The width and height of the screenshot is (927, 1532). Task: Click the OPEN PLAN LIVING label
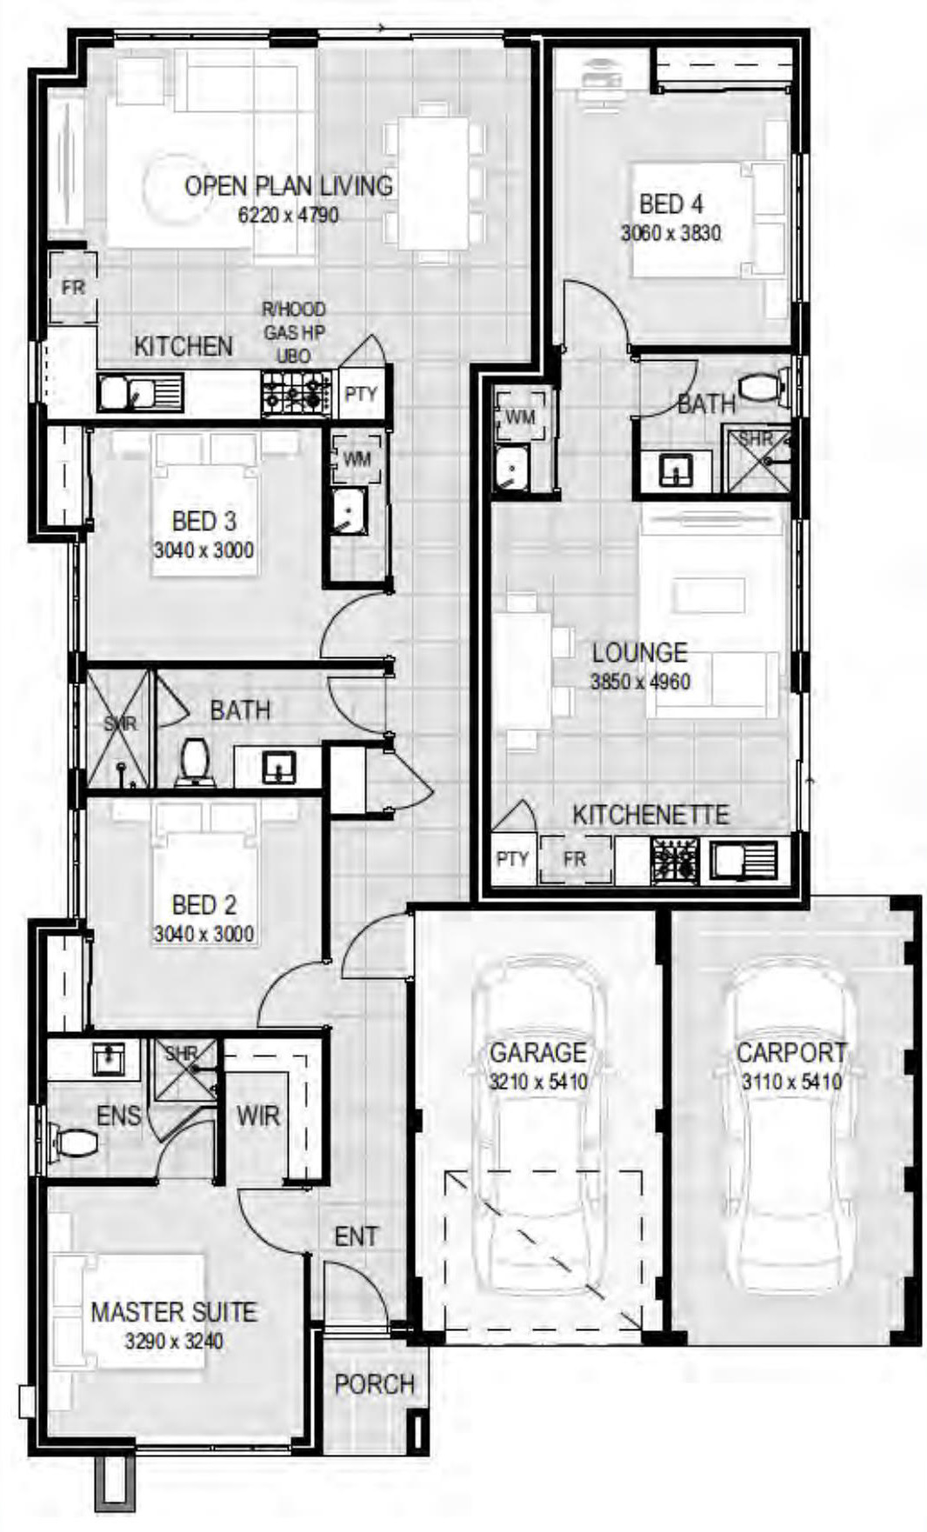289,185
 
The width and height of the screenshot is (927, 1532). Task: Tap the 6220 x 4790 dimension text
289,215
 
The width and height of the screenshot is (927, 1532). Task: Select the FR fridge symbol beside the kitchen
73,286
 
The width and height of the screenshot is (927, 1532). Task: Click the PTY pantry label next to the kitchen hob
360,393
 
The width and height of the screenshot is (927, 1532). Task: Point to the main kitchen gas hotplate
297,393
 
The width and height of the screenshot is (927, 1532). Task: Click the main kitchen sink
140,394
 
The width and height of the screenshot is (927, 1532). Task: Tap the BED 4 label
670,204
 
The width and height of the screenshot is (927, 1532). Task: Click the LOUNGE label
639,652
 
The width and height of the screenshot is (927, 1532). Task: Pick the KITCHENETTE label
650,815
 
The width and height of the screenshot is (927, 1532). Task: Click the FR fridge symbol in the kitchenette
575,859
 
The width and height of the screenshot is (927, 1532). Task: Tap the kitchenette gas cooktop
675,860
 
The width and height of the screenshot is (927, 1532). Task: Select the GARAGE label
537,1053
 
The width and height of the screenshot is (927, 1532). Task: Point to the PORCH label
375,1384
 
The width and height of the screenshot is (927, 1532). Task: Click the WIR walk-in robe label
258,1116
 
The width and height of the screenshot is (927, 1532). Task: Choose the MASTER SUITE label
174,1312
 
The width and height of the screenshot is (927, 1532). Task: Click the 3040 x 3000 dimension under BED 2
203,935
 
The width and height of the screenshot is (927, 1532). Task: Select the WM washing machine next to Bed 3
357,458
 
